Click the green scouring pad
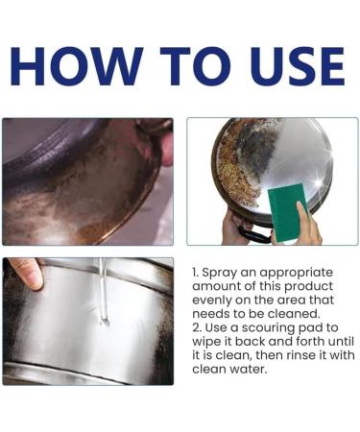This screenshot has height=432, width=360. pos(287,212)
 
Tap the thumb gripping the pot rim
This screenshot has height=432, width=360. pos(27,271)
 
